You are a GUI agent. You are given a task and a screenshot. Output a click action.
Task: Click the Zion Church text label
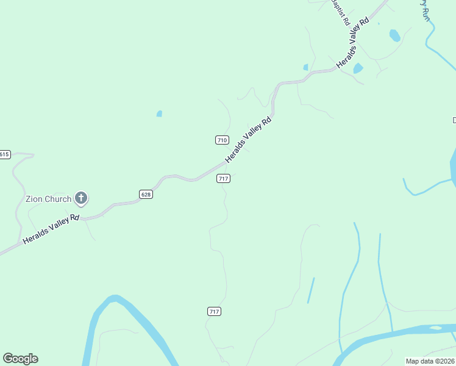48,199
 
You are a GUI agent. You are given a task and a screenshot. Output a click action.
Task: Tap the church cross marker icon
81,198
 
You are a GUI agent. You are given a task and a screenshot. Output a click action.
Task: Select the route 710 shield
222,140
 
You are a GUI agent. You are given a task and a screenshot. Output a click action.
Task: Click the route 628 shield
146,195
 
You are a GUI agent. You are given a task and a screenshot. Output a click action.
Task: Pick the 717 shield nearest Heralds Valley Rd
223,179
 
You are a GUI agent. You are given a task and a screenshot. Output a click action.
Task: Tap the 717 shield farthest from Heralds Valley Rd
214,311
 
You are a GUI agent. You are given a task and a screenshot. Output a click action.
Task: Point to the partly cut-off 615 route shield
5,154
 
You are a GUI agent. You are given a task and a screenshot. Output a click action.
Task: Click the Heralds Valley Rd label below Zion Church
51,229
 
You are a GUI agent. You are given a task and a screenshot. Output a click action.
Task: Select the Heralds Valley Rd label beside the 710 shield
248,140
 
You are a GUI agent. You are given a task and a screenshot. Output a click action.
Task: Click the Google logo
20,359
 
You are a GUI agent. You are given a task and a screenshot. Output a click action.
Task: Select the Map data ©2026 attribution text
430,361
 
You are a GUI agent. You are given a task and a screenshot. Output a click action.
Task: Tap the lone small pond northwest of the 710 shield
159,113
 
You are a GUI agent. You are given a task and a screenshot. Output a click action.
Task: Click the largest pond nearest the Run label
395,35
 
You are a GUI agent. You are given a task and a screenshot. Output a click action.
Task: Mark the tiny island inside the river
435,328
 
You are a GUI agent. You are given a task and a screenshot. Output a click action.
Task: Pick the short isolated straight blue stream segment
311,290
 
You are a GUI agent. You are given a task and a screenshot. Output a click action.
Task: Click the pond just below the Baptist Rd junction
358,68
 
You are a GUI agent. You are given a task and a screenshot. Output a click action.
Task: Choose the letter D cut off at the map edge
454,120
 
